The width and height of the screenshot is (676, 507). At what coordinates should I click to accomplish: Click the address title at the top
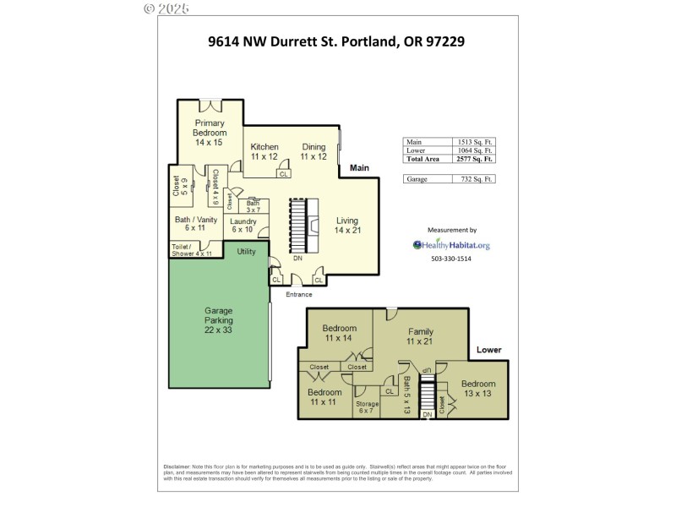coord(337,40)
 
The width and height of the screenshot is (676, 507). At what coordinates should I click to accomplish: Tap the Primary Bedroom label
coord(210,133)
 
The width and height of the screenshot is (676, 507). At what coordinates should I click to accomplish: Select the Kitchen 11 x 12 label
coord(264,151)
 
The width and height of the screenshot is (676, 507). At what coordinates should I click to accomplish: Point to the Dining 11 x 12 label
coord(313,151)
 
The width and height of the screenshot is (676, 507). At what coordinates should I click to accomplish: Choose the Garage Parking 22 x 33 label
coord(218,320)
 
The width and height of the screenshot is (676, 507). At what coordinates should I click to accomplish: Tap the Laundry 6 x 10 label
coord(243,225)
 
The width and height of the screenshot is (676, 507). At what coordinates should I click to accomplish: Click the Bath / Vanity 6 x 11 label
coord(196,225)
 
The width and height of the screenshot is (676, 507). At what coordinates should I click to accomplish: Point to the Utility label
coord(246,252)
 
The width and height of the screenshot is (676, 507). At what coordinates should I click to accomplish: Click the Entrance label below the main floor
coord(299,294)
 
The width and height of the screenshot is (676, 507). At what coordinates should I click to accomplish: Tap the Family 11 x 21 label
coord(420,335)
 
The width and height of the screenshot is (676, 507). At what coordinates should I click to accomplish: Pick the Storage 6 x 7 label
coord(367,407)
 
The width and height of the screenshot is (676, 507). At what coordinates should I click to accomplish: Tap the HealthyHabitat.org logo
coord(451,245)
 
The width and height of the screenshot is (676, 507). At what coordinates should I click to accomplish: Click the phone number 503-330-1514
coord(451,259)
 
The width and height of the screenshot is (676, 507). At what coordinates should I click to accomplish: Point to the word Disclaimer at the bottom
coord(176,466)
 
